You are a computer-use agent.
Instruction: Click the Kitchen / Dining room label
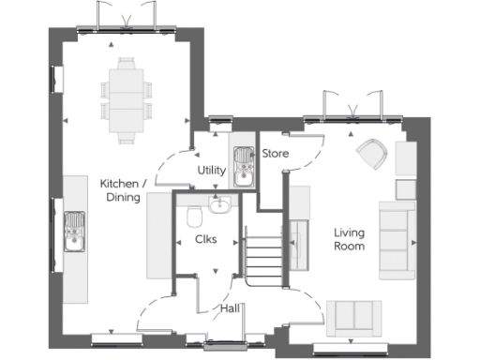121,190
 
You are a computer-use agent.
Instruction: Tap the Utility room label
211,170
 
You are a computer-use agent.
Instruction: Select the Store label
275,153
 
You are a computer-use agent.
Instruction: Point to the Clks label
205,239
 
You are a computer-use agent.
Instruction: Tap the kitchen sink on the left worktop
73,231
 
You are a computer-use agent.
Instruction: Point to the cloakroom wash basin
220,204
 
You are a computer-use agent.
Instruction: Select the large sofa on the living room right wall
396,239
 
